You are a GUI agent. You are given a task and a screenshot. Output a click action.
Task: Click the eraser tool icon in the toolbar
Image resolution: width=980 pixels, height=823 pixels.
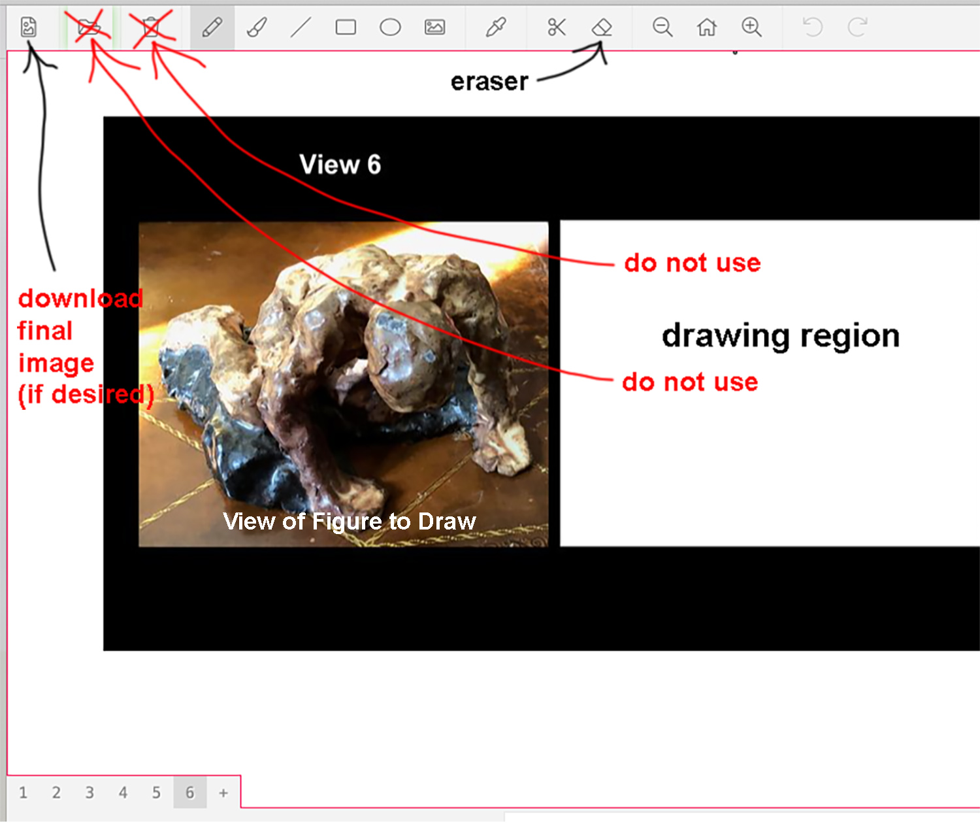pyautogui.click(x=601, y=27)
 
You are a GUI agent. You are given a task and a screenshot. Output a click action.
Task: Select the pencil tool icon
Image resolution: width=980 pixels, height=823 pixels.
pyautogui.click(x=212, y=27)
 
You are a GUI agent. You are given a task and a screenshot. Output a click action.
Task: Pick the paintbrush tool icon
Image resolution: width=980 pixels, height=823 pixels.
pyautogui.click(x=257, y=27)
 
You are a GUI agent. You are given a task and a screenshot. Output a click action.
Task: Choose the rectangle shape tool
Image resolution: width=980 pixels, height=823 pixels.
pyautogui.click(x=346, y=27)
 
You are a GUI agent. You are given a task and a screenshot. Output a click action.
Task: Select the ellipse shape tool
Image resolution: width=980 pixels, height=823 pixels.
pyautogui.click(x=390, y=27)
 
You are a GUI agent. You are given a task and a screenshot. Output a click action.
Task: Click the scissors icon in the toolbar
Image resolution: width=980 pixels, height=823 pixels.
pyautogui.click(x=557, y=27)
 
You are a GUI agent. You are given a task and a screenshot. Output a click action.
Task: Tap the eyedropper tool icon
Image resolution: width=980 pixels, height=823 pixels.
pyautogui.click(x=496, y=27)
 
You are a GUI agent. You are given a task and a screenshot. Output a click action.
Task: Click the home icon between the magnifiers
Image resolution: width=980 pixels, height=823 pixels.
pyautogui.click(x=707, y=27)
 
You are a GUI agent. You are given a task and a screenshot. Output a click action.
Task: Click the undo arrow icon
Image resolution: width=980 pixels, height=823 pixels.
pyautogui.click(x=813, y=27)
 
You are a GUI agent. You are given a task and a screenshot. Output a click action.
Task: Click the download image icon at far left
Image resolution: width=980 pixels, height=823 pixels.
pyautogui.click(x=29, y=27)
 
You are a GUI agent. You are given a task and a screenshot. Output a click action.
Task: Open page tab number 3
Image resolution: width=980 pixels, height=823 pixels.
pyautogui.click(x=89, y=792)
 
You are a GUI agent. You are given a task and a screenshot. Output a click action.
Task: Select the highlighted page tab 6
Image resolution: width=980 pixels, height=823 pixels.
pyautogui.click(x=189, y=792)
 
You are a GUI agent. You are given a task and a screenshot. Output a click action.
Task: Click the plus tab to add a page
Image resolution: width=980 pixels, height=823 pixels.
pyautogui.click(x=223, y=793)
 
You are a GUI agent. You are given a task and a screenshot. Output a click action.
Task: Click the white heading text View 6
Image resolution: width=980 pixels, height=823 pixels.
pyautogui.click(x=340, y=165)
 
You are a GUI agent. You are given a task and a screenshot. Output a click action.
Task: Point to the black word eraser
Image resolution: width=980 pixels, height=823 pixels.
pyautogui.click(x=489, y=82)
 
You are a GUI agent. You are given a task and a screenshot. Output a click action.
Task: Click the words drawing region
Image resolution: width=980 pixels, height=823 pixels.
pyautogui.click(x=781, y=336)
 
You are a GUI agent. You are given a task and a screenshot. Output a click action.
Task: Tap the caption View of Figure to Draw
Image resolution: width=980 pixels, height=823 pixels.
pyautogui.click(x=349, y=522)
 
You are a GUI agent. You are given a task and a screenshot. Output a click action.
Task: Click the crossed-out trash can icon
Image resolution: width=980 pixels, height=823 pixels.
pyautogui.click(x=151, y=27)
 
